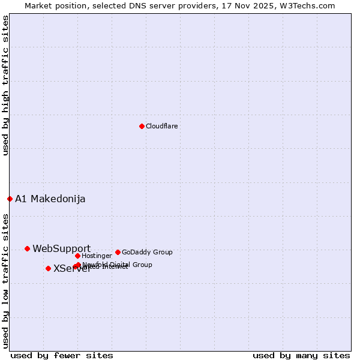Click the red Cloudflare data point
[x=142, y=126]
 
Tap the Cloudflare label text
[x=162, y=126]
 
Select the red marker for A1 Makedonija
[x=10, y=199]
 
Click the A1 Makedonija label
[x=50, y=199]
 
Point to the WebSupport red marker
[x=27, y=248]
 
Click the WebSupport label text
[x=62, y=248]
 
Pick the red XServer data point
[x=48, y=268]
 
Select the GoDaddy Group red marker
[x=118, y=252]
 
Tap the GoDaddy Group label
[x=147, y=252]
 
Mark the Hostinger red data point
[x=77, y=256]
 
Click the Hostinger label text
[x=97, y=256]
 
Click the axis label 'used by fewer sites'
[x=62, y=355]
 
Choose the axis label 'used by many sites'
[x=301, y=355]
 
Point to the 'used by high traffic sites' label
[x=6, y=86]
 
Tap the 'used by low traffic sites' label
[x=6, y=281]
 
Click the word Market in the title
[x=38, y=5]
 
